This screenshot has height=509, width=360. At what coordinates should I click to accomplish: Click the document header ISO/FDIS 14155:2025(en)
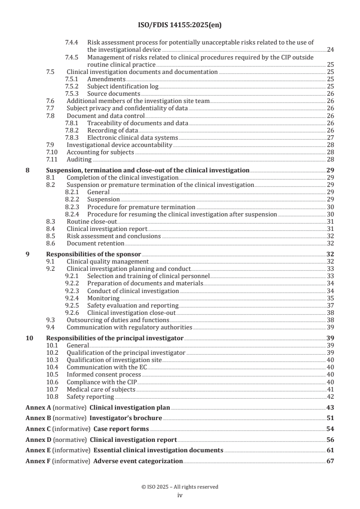click(x=180, y=25)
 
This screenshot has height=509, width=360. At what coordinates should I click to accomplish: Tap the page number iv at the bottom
click(x=180, y=495)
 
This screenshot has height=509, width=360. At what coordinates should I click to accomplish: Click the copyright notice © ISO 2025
click(x=180, y=487)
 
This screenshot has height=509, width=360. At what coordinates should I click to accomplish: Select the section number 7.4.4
click(x=72, y=42)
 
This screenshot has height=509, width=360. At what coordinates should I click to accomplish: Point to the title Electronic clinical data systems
click(x=133, y=137)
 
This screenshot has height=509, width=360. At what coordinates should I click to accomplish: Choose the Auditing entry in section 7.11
click(x=79, y=160)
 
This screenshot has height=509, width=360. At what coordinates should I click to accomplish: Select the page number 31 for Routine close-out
click(x=330, y=221)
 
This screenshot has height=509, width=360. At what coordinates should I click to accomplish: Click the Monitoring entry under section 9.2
click(x=104, y=298)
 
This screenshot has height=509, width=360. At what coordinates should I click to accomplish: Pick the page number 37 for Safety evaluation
click(x=330, y=305)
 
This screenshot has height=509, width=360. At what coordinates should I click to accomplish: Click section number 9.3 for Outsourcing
click(x=51, y=320)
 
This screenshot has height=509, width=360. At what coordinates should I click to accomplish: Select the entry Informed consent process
click(x=104, y=375)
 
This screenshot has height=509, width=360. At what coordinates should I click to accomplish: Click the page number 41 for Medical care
click(x=330, y=389)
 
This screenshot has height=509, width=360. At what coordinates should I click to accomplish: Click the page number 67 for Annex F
click(x=330, y=461)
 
